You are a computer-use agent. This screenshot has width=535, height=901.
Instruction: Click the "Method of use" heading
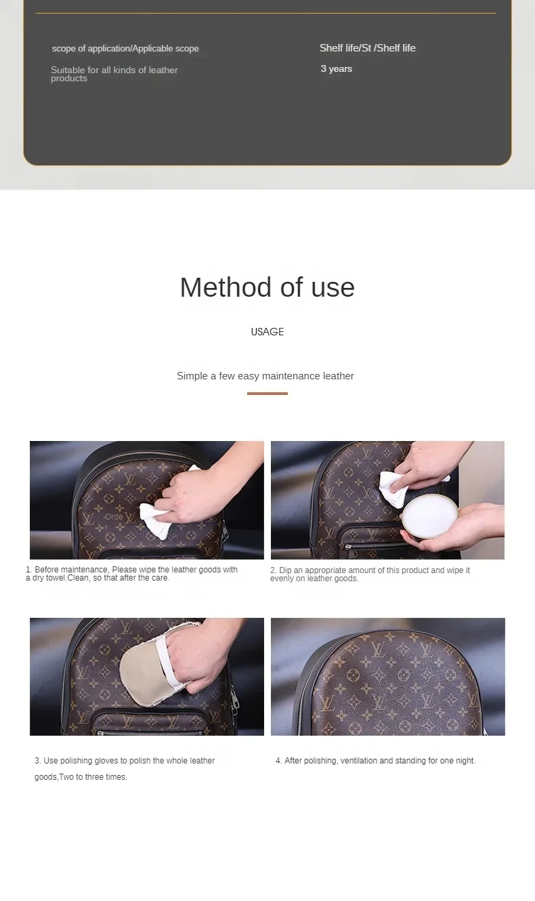(267, 287)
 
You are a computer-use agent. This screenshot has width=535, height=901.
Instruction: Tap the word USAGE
(267, 332)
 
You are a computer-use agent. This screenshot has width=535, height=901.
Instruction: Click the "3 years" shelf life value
(337, 69)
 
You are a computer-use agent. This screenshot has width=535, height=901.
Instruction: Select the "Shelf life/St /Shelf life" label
(367, 48)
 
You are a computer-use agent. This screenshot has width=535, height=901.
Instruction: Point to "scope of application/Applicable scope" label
(125, 49)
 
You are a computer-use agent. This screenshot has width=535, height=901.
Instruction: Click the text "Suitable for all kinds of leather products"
(114, 74)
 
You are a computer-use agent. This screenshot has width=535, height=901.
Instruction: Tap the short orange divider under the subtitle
(267, 394)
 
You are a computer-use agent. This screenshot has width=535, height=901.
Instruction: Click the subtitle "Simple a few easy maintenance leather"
(265, 376)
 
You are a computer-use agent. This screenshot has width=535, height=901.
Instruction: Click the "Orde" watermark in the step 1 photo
(114, 517)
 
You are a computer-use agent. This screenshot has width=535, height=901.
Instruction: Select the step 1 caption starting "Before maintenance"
(131, 574)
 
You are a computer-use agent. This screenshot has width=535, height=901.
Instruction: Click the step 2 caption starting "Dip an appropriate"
(370, 574)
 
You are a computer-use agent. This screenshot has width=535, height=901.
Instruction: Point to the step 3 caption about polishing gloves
(125, 769)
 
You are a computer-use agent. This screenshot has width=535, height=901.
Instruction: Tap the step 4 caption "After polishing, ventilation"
(375, 761)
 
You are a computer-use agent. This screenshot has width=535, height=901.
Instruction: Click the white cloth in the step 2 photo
(396, 488)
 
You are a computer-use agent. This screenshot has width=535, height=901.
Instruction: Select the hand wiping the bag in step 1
(201, 490)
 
